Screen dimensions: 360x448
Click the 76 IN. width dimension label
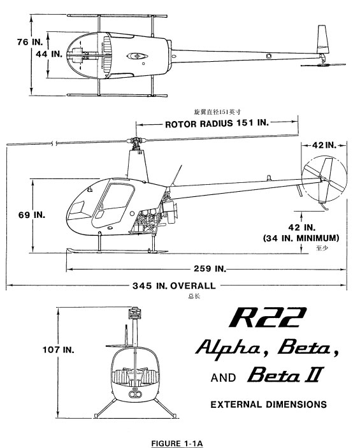pyautogui.click(x=30, y=42)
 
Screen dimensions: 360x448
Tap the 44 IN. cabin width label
pyautogui.click(x=49, y=54)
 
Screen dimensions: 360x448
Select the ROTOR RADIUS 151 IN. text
pyautogui.click(x=217, y=124)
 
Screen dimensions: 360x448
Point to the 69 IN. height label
pyautogui.click(x=32, y=215)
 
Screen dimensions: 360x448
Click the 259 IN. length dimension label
pyautogui.click(x=210, y=268)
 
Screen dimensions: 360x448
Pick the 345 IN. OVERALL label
pyautogui.click(x=174, y=285)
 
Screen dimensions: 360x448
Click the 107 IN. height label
pyautogui.click(x=58, y=349)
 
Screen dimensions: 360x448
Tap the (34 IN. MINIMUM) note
pyautogui.click(x=301, y=238)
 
